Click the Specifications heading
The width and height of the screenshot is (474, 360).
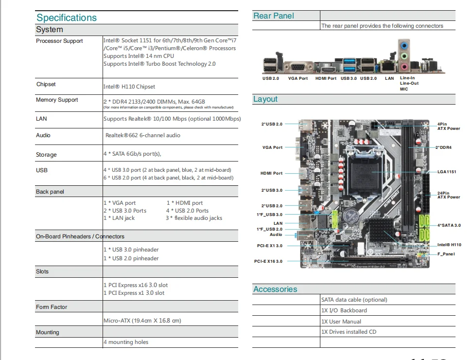click(x=67, y=18)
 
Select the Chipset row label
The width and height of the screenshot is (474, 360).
click(x=46, y=84)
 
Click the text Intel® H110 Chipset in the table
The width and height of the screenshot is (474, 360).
click(x=129, y=87)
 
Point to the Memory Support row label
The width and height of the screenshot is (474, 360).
click(x=57, y=100)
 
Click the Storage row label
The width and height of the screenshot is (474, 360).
click(x=46, y=155)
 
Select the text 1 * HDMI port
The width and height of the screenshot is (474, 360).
click(x=185, y=203)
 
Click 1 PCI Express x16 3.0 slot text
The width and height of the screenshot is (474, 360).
click(x=136, y=285)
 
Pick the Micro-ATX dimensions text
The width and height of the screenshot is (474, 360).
click(x=141, y=321)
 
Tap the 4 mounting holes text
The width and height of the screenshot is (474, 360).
click(x=126, y=342)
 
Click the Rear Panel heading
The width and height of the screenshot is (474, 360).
click(x=274, y=16)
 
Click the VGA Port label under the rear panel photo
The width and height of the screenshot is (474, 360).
click(x=298, y=78)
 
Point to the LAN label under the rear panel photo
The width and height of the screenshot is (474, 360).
click(x=389, y=78)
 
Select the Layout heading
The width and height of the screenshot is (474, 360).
click(x=265, y=99)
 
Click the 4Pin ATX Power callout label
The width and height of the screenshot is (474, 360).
click(x=448, y=126)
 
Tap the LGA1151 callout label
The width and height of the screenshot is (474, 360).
click(x=446, y=172)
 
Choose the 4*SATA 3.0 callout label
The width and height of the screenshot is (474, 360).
click(x=448, y=225)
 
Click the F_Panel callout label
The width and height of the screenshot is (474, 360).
click(x=446, y=254)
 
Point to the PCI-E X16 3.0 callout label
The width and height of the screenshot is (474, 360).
click(x=268, y=261)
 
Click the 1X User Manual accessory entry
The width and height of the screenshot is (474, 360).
click(x=341, y=322)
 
